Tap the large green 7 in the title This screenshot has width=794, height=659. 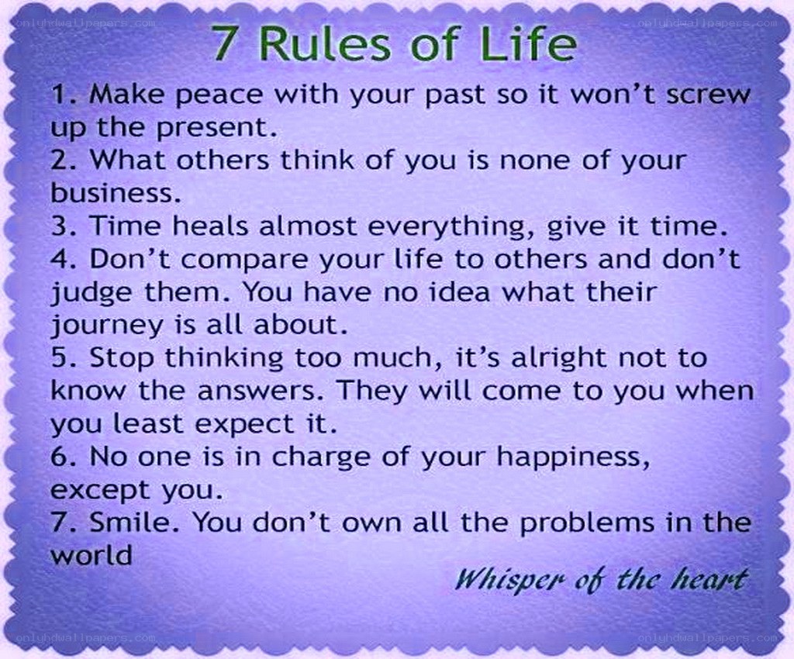[224, 43]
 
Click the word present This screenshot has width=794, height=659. [216, 129]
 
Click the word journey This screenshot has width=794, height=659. [107, 326]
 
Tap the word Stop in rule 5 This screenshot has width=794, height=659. [122, 359]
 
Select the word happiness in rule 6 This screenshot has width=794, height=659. [573, 458]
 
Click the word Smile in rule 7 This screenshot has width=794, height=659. [133, 522]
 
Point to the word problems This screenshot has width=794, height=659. [588, 524]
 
